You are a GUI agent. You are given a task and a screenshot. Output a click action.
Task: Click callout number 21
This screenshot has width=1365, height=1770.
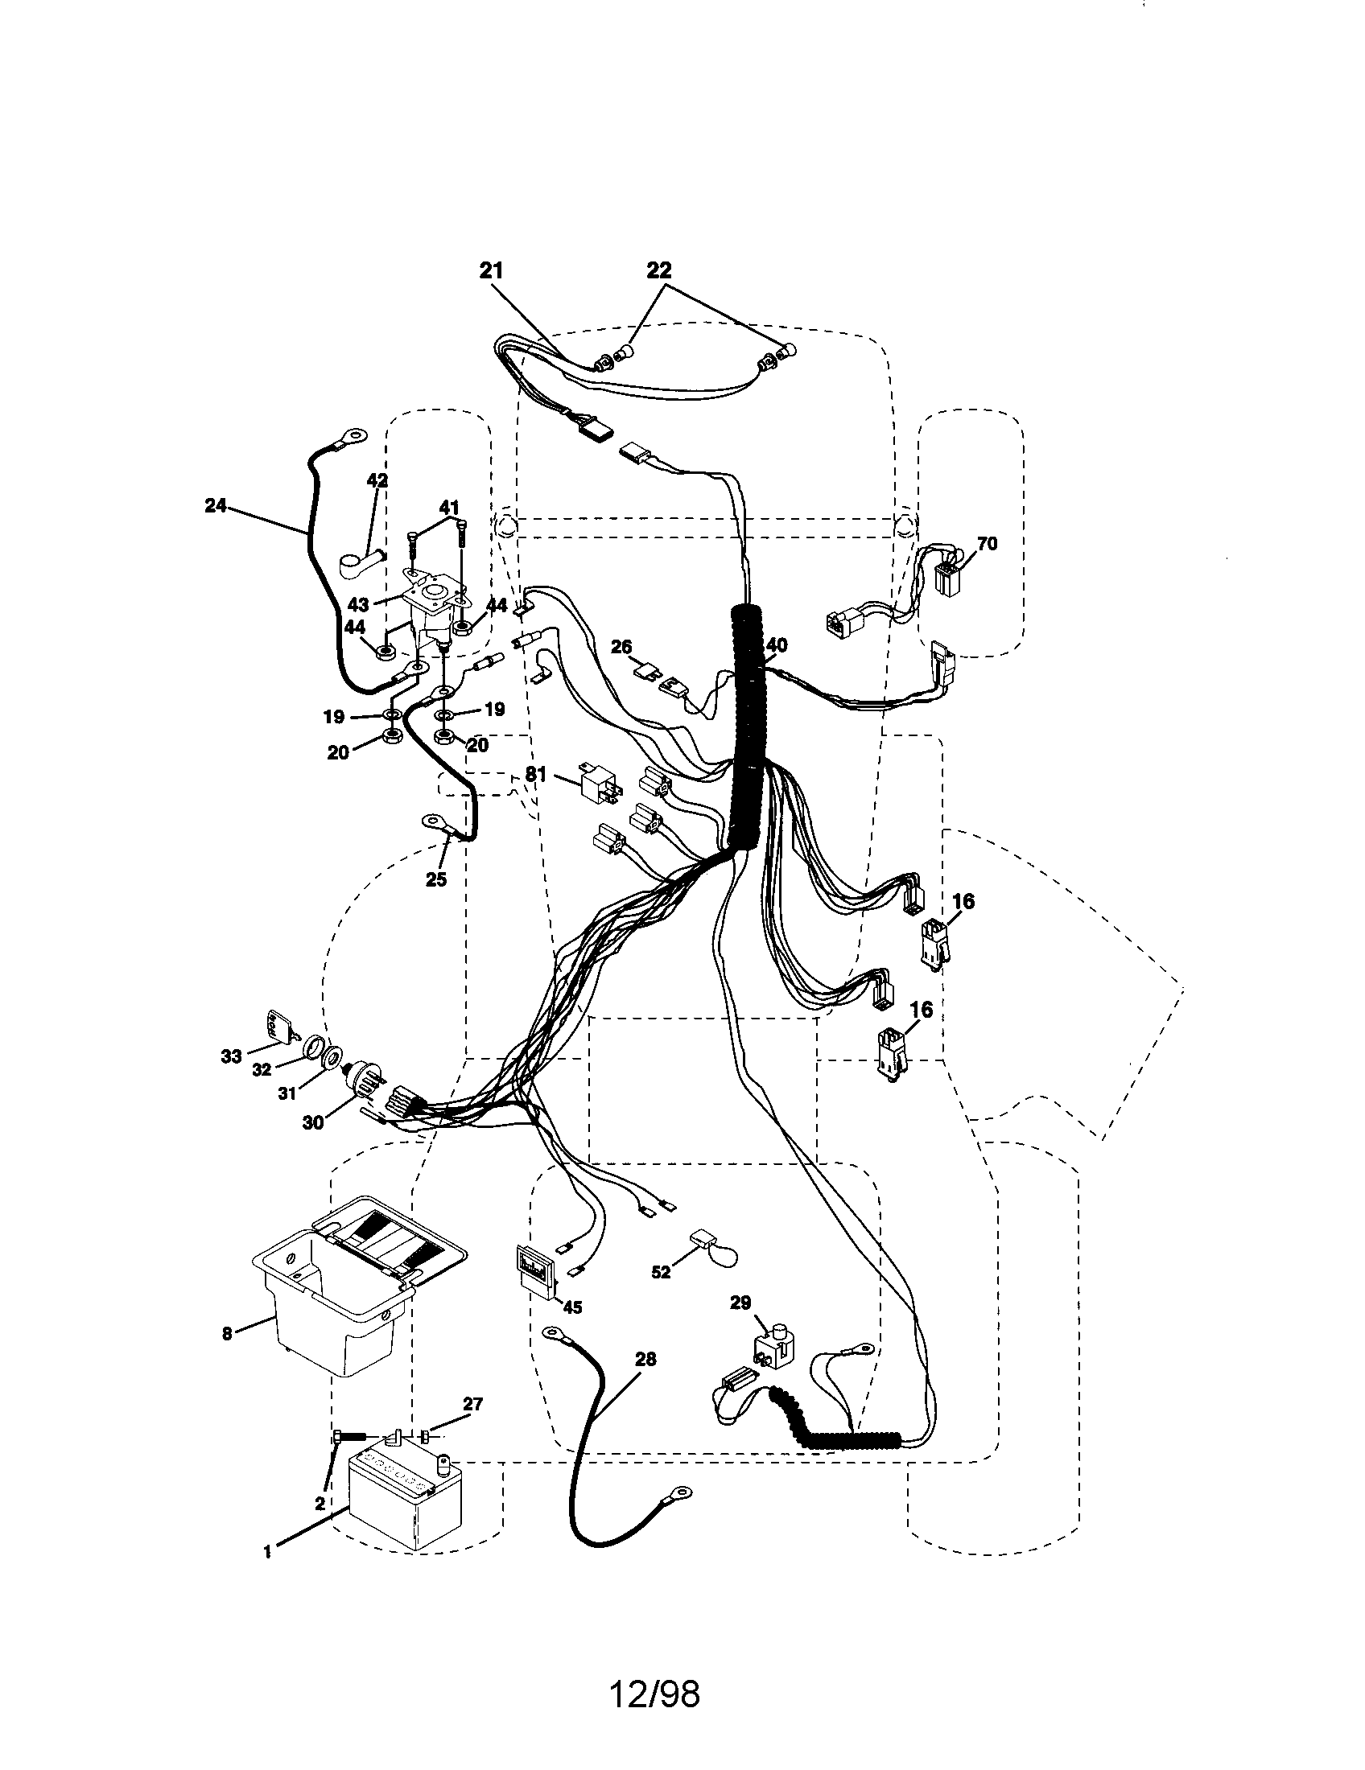(x=491, y=271)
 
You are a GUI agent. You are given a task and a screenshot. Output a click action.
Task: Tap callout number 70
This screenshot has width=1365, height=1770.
(x=987, y=543)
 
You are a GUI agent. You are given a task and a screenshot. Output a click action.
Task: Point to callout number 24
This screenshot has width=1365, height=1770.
(x=215, y=507)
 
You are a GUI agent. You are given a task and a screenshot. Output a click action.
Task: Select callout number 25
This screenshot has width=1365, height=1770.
(x=436, y=879)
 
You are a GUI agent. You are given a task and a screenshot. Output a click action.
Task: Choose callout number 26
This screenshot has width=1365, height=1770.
(x=621, y=646)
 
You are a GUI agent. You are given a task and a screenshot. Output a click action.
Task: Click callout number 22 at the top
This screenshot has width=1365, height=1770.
(x=659, y=271)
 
